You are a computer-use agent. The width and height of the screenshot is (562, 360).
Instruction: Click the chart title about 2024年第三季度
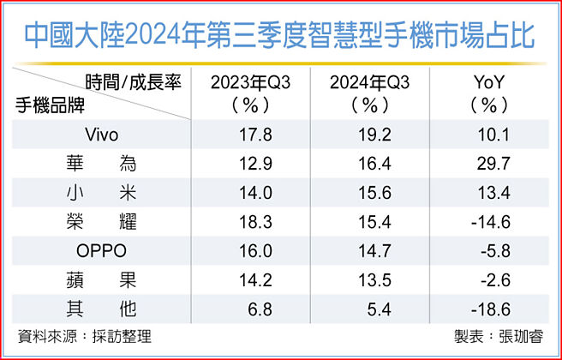(280, 35)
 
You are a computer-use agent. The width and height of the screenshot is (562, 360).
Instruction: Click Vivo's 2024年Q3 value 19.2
(364, 135)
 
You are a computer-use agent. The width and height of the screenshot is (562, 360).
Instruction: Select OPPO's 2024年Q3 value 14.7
(364, 251)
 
